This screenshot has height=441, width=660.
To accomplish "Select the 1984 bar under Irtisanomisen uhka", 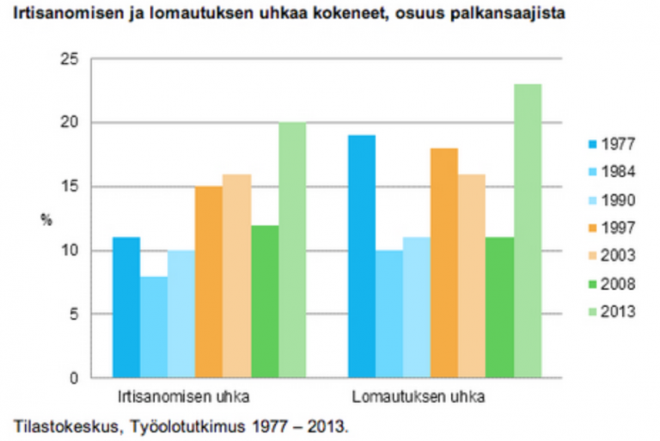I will [x=154, y=327].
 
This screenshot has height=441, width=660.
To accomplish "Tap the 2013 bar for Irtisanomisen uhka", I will [x=292, y=249].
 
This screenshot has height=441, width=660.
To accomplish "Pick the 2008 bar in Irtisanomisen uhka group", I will [x=265, y=301].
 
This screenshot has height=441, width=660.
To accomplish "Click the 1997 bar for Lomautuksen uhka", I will [x=444, y=262].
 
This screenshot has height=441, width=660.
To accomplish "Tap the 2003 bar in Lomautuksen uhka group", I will [x=472, y=275].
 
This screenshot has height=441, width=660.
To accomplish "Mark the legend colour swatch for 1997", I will [x=586, y=229].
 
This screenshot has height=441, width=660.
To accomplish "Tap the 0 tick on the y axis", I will [x=74, y=377].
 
